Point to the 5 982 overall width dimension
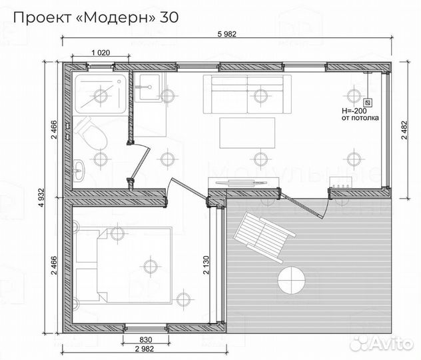pos(227,35)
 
